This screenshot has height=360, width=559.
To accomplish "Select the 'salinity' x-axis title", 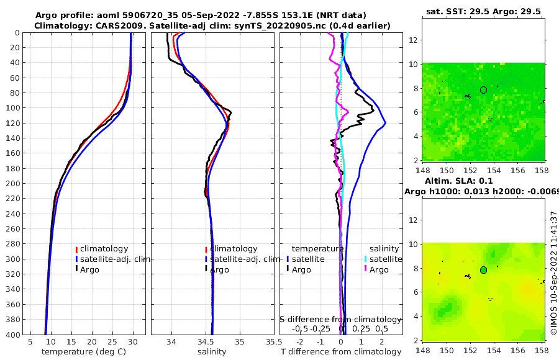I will (212, 352).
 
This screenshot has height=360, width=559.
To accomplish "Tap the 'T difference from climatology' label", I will (341, 352).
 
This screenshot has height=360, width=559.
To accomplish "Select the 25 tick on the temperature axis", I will (112, 341).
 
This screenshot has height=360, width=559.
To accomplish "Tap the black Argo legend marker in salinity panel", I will (206, 269).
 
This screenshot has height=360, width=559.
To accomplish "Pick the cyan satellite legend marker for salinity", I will (366, 259).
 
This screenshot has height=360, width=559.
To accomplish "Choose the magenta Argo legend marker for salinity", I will (366, 269).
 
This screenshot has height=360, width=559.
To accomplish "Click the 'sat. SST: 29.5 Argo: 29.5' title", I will (483, 11).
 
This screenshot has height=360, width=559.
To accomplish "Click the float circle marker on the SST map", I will (484, 90).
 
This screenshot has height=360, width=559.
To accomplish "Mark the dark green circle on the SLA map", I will (484, 270).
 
